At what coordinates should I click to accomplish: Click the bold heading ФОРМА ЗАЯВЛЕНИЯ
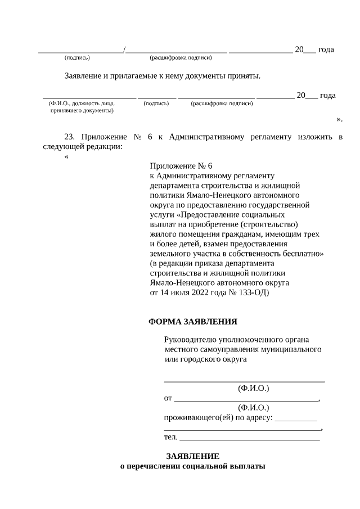point(192,322)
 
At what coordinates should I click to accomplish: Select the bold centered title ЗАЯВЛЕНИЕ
point(192,456)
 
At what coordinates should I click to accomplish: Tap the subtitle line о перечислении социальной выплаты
point(192,466)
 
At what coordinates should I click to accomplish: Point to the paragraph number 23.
point(70,137)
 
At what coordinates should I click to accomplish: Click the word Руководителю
point(189,340)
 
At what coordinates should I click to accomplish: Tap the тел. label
point(170,436)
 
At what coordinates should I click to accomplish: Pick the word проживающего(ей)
point(195,417)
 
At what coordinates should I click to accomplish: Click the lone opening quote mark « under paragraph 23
point(67,157)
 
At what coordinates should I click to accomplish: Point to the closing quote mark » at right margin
point(339,119)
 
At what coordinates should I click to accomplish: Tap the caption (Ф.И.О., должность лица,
point(82,103)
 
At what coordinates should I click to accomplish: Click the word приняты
point(245,75)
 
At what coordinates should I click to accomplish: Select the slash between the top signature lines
point(124,49)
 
